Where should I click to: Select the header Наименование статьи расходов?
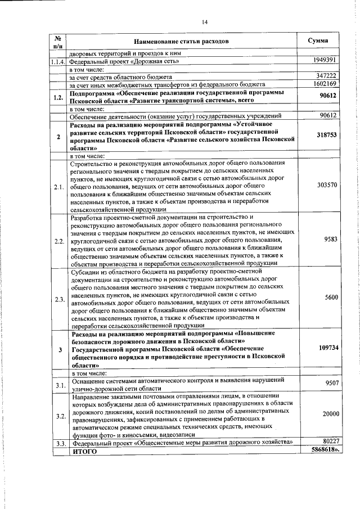pyautogui.click(x=182, y=42)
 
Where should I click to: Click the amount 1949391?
pyautogui.click(x=325, y=60)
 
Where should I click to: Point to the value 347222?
pyautogui.click(x=327, y=75)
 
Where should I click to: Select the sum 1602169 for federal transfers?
pyautogui.click(x=325, y=83)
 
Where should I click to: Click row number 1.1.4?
pyautogui.click(x=58, y=60)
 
